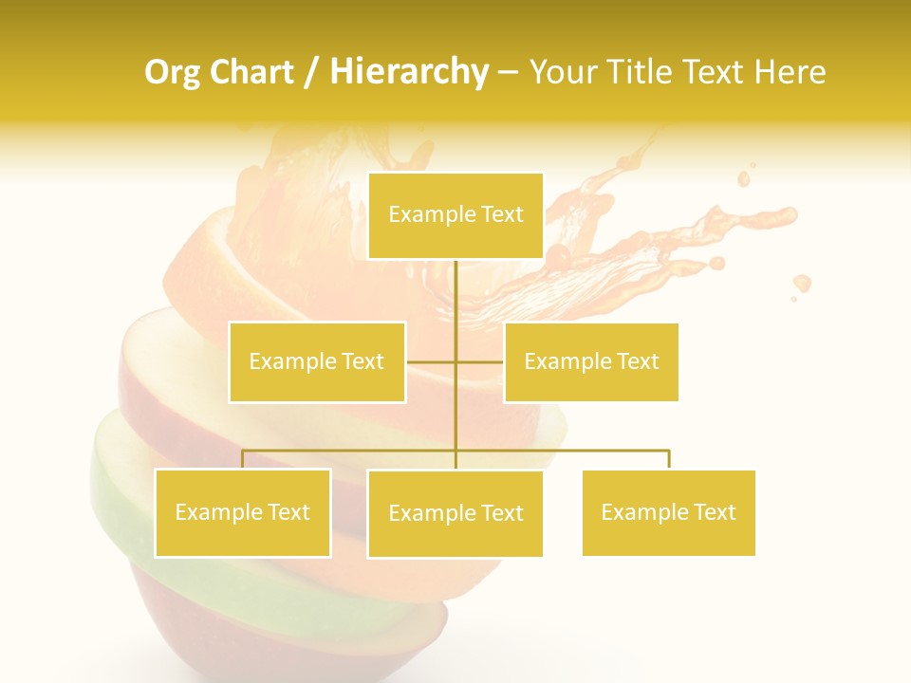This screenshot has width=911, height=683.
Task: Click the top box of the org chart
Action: (x=455, y=215)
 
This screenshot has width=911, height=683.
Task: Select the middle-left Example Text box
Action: (x=317, y=361)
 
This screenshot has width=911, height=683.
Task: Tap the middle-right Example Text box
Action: (x=591, y=361)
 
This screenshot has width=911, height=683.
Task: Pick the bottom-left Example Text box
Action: (x=243, y=512)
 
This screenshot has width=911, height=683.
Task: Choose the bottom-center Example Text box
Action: (x=455, y=513)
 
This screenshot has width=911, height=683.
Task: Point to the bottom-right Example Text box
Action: (x=669, y=512)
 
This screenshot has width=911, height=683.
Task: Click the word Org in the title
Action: (x=171, y=72)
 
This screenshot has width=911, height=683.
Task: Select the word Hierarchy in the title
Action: (x=409, y=72)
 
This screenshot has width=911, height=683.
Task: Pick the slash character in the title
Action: (x=311, y=73)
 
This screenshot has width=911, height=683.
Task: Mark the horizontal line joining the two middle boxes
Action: (x=432, y=361)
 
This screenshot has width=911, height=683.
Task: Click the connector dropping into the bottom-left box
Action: (x=243, y=459)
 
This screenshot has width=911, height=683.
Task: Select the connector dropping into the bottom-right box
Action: (x=669, y=459)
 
